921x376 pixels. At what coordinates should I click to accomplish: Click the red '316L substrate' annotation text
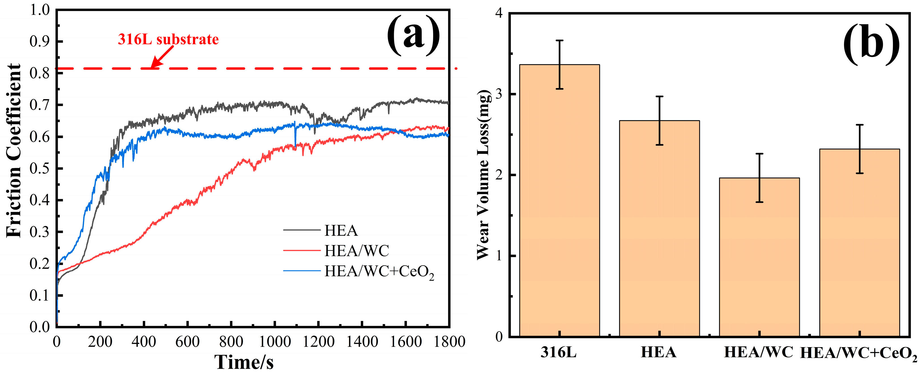[168, 39]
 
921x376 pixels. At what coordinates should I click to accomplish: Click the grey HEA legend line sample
[302, 230]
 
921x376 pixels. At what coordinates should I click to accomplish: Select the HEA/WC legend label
[356, 251]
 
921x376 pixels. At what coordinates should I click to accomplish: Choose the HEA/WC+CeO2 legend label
[379, 272]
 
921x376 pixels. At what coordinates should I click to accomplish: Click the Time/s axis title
[244, 362]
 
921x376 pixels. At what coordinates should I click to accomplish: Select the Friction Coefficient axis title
[14, 150]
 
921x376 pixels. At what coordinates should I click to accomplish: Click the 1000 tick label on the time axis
[275, 342]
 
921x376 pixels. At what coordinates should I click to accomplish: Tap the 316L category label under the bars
[559, 353]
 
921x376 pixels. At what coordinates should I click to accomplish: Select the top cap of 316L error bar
[559, 41]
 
